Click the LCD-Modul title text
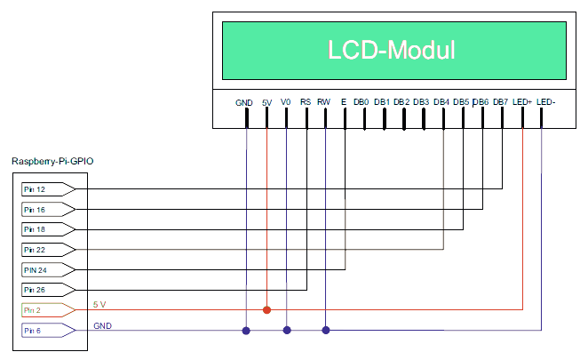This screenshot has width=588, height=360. (391, 50)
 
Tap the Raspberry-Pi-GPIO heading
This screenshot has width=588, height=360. (52, 161)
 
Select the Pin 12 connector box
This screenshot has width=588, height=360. (48, 189)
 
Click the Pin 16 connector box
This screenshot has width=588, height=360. (48, 210)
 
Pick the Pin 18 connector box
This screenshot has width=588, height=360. (48, 229)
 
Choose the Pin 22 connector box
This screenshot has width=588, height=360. (48, 250)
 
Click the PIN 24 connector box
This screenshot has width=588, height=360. (48, 270)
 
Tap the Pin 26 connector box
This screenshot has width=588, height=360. (48, 290)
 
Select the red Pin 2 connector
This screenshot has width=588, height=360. (48, 310)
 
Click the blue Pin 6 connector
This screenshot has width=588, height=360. (48, 331)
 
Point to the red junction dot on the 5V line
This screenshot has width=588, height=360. (266, 310)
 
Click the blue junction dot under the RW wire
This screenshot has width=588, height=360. (326, 331)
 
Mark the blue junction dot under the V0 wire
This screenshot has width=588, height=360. (287, 331)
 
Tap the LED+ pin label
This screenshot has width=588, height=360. (522, 102)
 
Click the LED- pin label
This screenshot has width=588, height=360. (545, 102)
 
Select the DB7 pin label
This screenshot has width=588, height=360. (500, 102)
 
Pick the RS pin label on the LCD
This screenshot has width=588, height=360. (306, 102)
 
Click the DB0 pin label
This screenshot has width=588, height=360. (362, 102)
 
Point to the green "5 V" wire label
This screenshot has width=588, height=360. (99, 304)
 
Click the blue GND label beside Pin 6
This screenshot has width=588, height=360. (102, 326)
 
